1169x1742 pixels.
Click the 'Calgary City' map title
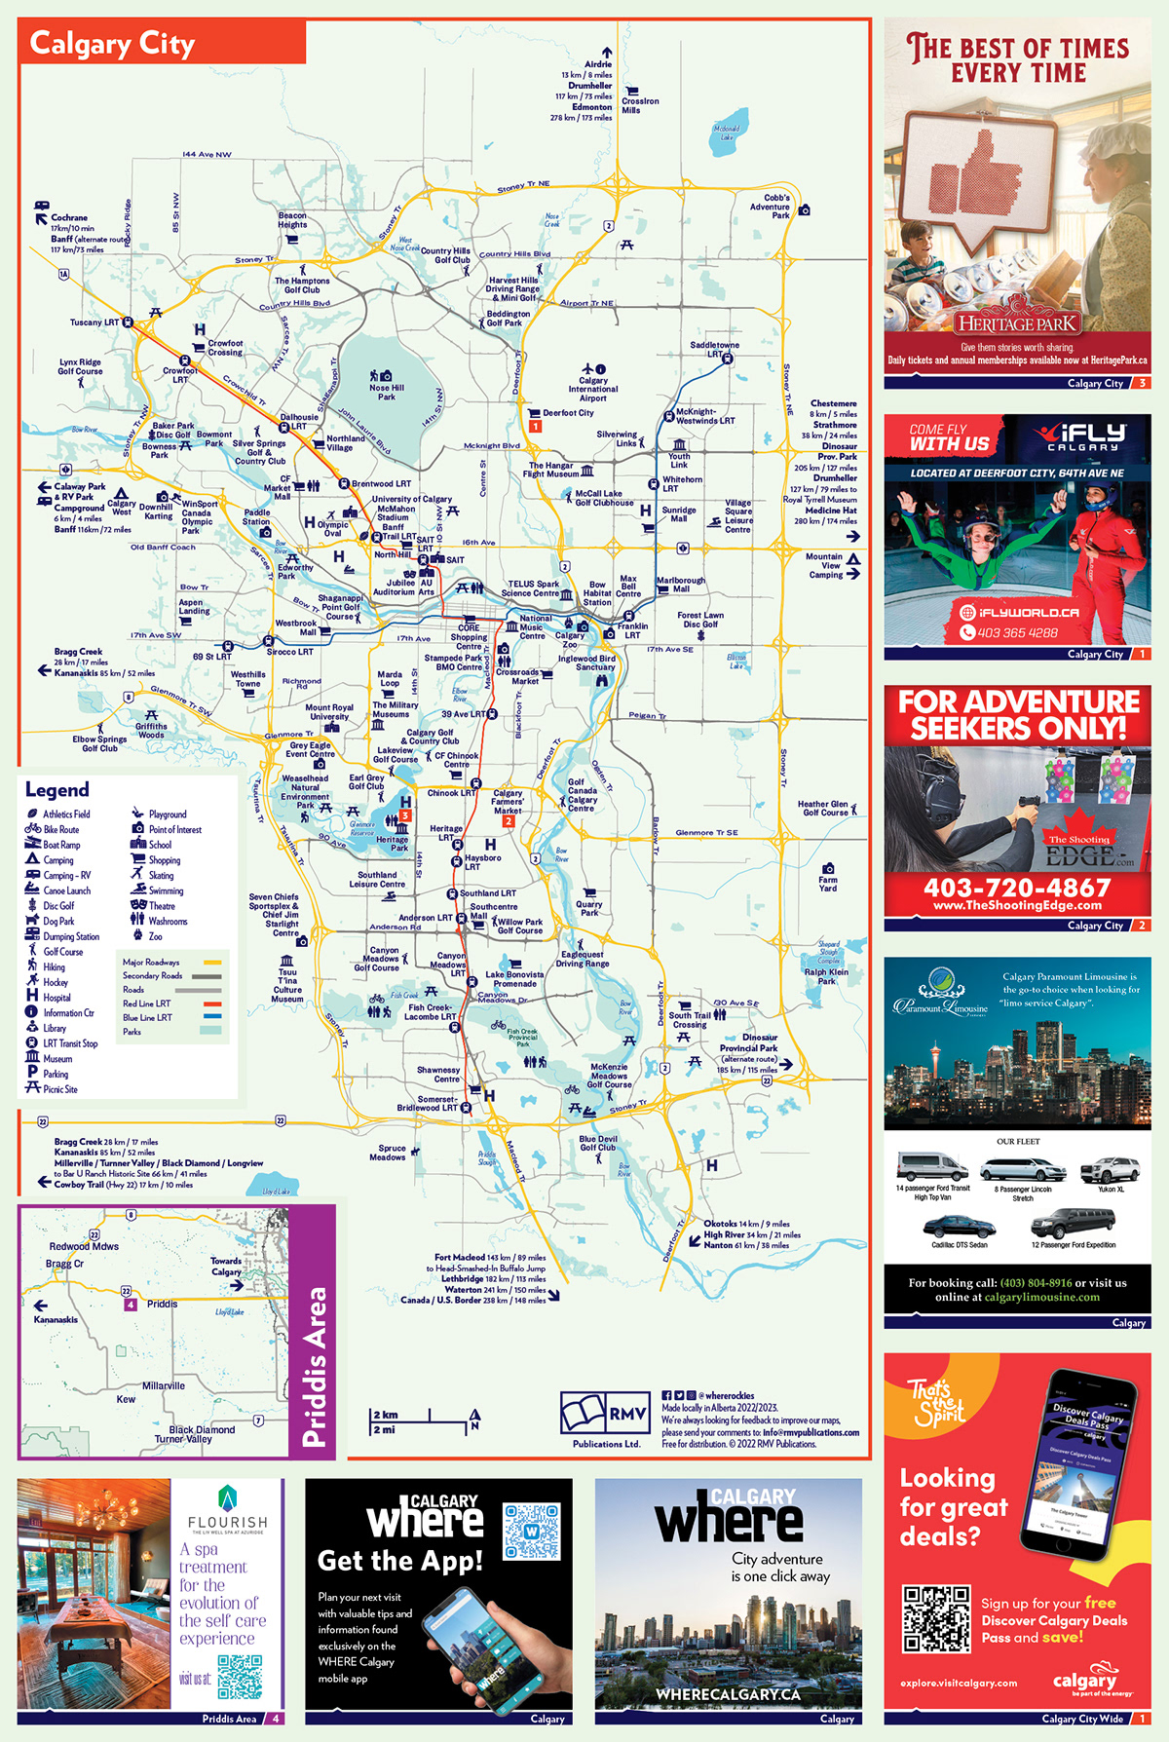112,44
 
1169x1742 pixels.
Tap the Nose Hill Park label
387,392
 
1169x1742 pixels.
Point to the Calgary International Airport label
592,389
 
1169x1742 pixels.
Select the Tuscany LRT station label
94,322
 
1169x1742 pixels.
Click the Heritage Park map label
393,844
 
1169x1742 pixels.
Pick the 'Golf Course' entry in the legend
62,952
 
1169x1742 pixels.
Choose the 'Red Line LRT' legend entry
146,1004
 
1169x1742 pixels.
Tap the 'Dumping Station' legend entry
70,936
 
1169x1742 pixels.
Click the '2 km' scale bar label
386,1415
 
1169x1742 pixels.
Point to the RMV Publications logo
605,1415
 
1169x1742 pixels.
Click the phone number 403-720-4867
1017,888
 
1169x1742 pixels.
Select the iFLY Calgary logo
1080,437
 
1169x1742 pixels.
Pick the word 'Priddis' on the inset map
163,1304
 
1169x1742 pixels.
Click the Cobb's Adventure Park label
770,207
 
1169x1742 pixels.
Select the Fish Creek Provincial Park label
522,1035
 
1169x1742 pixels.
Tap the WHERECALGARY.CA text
728,1694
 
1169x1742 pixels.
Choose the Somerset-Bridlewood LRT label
428,1104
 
